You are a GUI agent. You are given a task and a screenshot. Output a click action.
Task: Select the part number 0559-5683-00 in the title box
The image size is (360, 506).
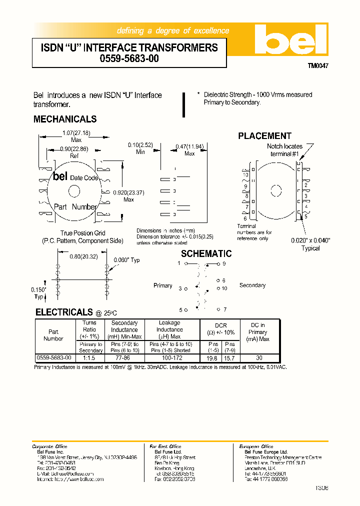coord(129,58)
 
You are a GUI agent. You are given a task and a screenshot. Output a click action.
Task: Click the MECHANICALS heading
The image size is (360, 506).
coord(65,119)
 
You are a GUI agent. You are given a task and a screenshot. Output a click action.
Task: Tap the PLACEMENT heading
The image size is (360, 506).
coord(264,136)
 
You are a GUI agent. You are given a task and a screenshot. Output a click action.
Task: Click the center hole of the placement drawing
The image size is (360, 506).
coord(276,190)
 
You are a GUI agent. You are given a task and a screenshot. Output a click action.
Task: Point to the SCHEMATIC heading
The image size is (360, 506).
coord(206,254)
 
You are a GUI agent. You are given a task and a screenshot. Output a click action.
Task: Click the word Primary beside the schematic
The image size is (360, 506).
coord(163,285)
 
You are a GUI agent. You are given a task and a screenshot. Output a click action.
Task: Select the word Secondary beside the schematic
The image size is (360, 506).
coord(252,285)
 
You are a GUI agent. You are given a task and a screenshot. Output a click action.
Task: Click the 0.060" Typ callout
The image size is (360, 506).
coord(127,260)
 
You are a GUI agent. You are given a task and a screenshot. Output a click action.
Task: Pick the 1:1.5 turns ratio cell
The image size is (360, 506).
coord(89,358)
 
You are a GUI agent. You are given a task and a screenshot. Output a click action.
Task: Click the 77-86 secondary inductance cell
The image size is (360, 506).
coord(124,358)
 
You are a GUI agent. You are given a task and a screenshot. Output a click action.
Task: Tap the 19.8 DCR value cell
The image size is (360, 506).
coord(212,358)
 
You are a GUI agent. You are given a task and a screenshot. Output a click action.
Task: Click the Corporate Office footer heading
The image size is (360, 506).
coord(50,446)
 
